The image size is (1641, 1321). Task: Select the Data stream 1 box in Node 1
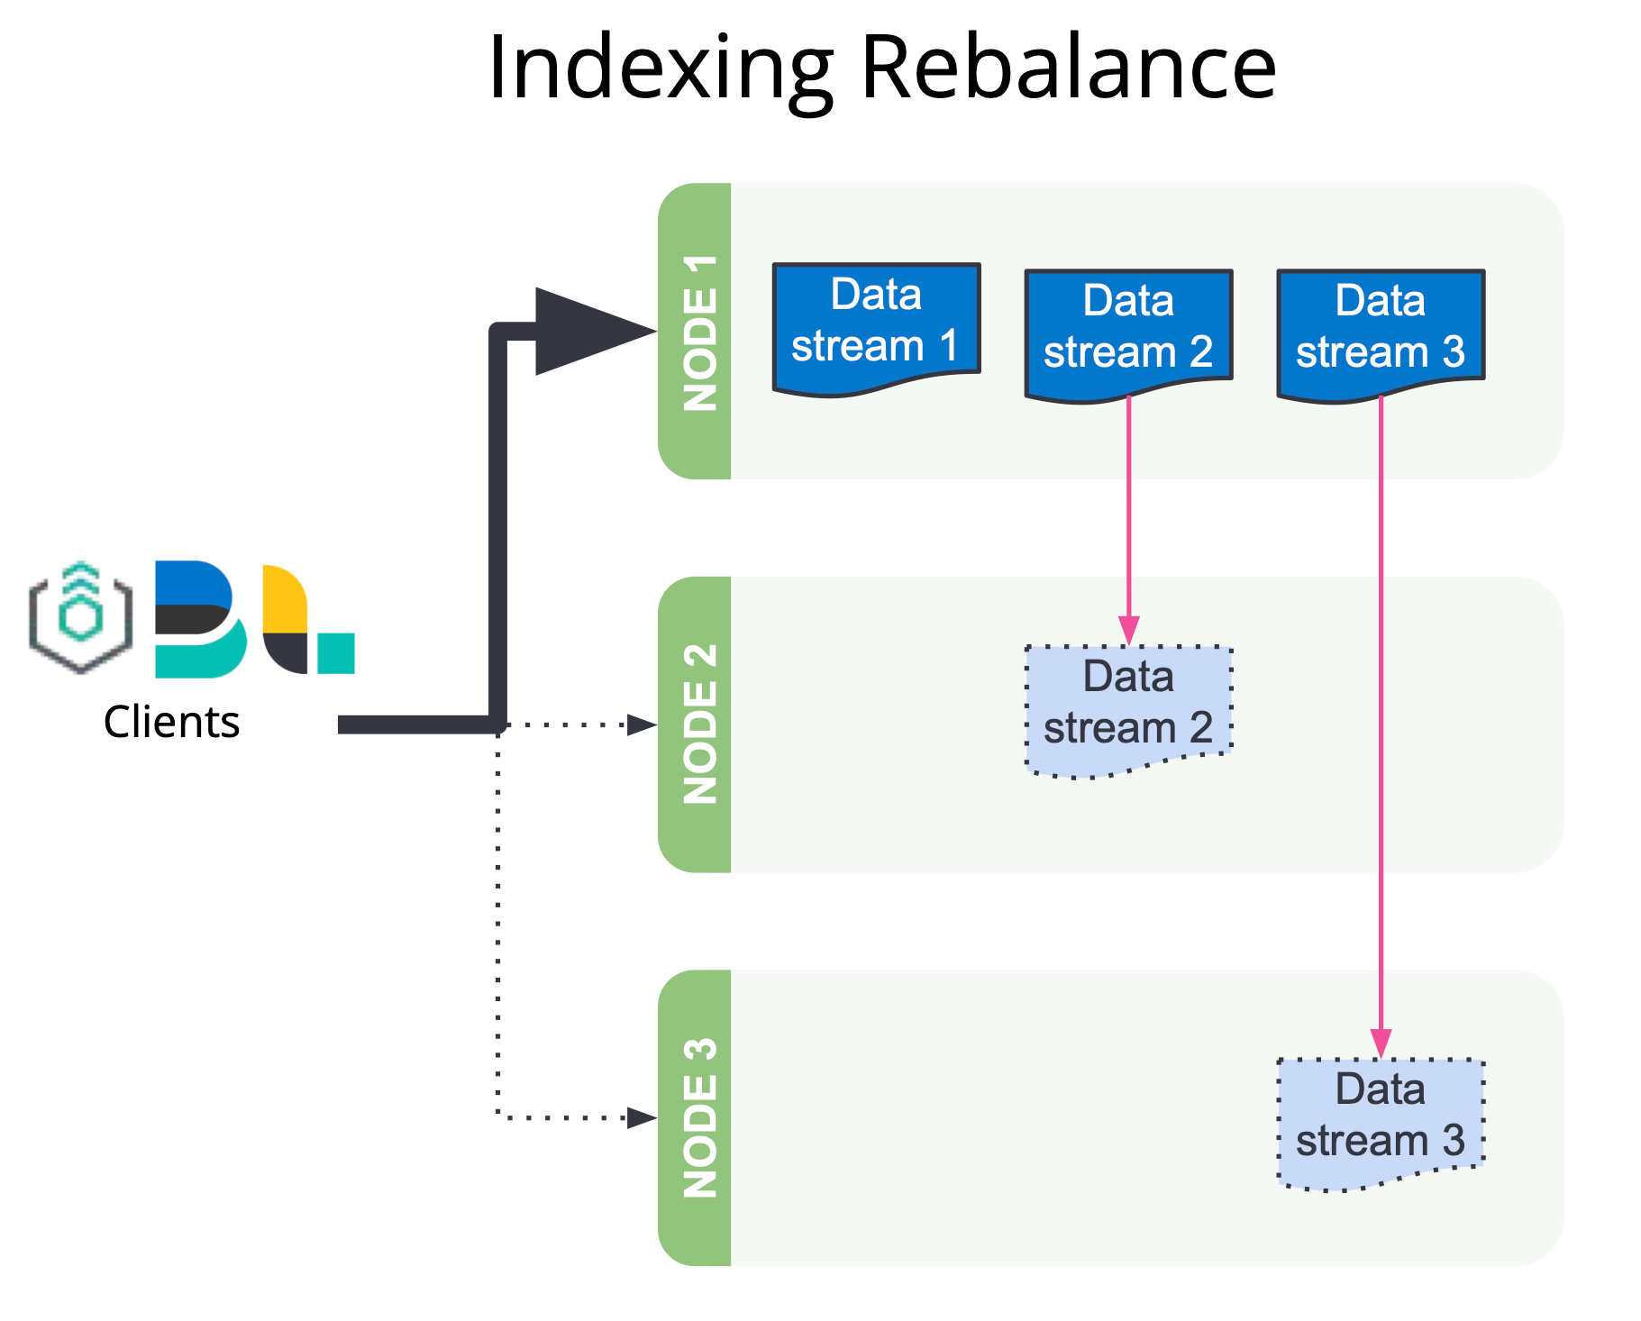click(876, 329)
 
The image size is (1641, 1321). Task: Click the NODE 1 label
click(699, 333)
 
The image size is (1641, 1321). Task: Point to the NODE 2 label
click(699, 724)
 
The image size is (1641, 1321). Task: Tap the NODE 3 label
click(699, 1117)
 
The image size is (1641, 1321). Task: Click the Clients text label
click(171, 722)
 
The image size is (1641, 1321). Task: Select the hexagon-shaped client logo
click(81, 617)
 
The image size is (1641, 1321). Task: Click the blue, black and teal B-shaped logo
click(200, 619)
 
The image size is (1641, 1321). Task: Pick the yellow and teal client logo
click(308, 619)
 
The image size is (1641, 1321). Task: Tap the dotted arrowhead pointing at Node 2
click(642, 724)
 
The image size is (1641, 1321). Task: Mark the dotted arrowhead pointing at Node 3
click(642, 1118)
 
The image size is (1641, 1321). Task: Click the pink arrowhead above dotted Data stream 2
click(1128, 631)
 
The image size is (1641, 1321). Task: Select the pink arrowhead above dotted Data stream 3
click(1381, 1043)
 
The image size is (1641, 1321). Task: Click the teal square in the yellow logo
click(336, 653)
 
